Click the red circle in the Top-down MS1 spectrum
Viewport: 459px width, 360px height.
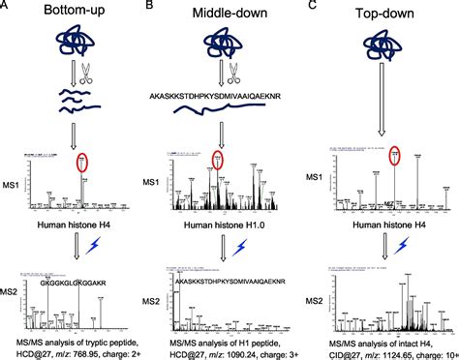(394, 154)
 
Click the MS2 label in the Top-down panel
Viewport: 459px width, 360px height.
(315, 302)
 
